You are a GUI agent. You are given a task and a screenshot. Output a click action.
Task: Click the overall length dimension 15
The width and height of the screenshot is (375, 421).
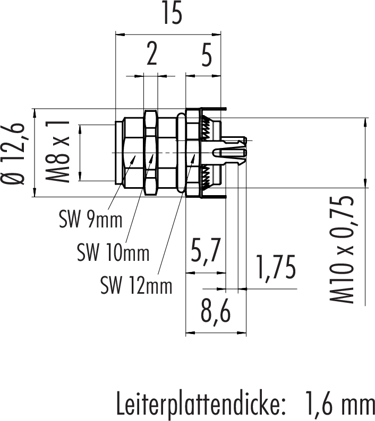pos(172,15)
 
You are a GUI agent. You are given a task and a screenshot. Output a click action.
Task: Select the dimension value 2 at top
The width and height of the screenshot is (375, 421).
pos(152,54)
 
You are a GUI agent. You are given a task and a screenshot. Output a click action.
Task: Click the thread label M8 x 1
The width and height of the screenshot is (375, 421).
pos(61,152)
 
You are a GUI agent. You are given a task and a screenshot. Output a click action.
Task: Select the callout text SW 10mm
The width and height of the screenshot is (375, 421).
pos(113,252)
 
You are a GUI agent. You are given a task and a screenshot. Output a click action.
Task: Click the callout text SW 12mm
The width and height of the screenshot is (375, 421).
pos(137,286)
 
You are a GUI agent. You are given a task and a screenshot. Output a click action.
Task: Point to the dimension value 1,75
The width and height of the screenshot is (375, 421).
pos(275,268)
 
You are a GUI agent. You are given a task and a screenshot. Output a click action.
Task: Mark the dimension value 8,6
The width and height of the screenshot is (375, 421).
pos(215,313)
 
